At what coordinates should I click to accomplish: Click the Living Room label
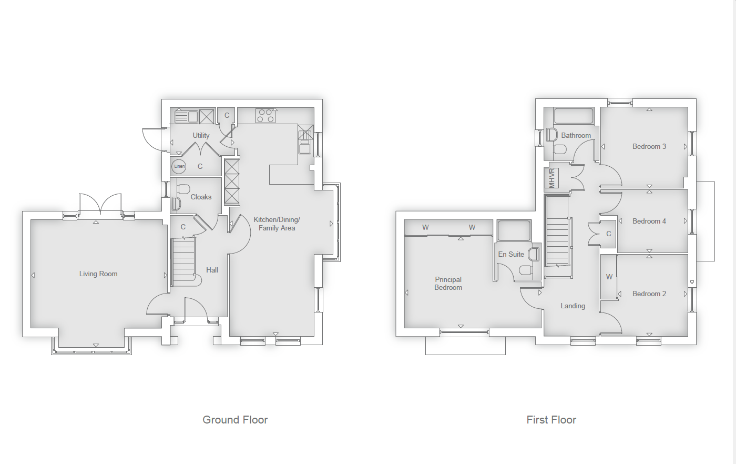[x=98, y=274]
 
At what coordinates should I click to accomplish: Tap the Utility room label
[x=201, y=135]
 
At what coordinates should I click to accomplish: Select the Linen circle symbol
[x=179, y=166]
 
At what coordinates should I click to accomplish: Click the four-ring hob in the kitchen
[x=265, y=115]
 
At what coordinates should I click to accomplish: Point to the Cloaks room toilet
[x=183, y=189]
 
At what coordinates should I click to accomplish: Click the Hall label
[x=212, y=270]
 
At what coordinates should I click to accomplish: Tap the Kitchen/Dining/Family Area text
[x=277, y=224]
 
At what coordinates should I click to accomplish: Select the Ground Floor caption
[x=235, y=420]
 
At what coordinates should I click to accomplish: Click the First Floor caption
[x=551, y=420]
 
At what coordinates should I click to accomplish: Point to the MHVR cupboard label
[x=551, y=178]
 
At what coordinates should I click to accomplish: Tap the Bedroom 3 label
[x=649, y=146]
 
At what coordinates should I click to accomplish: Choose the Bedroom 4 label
[x=649, y=221]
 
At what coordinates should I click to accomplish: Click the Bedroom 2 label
[x=649, y=294]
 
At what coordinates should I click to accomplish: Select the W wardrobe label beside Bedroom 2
[x=609, y=277]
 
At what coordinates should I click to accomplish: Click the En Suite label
[x=511, y=254]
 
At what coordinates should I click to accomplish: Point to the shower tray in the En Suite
[x=514, y=231]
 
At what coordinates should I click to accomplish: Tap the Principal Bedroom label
[x=448, y=284]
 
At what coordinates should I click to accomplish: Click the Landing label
[x=573, y=306]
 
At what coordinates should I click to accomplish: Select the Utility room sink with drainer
[x=186, y=116]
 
